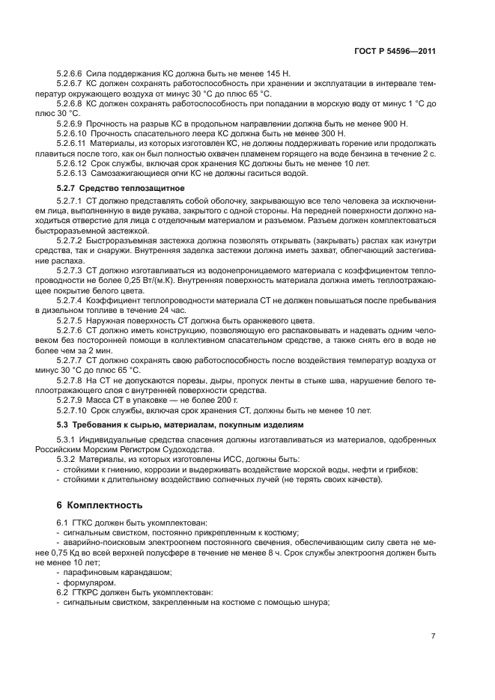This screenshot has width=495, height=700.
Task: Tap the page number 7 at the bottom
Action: coord(433,636)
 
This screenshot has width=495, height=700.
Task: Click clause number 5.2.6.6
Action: coord(70,73)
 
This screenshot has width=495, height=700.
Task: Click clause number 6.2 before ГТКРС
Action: coord(63,592)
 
